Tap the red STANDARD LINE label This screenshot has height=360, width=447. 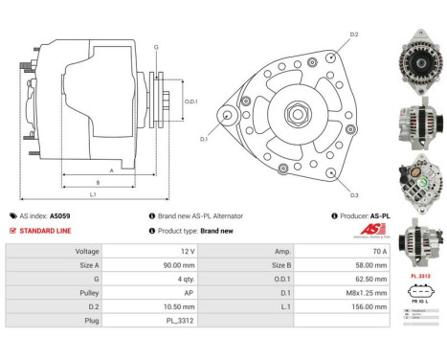(47, 231)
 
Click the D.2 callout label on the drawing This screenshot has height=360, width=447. (353, 34)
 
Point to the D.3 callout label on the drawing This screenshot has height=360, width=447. (353, 194)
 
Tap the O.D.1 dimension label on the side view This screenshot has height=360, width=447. (191, 101)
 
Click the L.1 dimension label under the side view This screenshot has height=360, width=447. (92, 195)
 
